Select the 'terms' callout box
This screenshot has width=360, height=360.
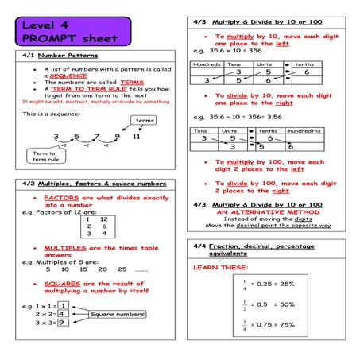pos(144,121)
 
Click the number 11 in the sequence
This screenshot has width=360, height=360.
pos(136,137)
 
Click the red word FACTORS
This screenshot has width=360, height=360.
pos(60,197)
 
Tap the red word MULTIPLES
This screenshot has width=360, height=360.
pos(66,248)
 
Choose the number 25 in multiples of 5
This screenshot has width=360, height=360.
pos(122,269)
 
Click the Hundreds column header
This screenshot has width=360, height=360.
pos(207,64)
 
